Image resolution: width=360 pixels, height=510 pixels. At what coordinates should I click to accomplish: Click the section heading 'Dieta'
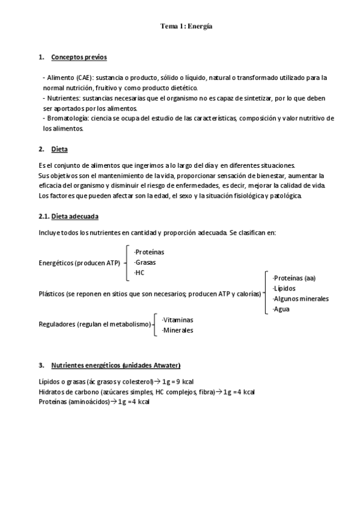click(x=59, y=149)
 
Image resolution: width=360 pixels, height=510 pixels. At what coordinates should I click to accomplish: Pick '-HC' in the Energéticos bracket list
click(x=141, y=272)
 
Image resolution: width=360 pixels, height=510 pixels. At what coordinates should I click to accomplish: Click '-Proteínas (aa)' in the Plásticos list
click(x=294, y=278)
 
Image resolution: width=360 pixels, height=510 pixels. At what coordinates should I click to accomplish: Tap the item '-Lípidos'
click(x=284, y=288)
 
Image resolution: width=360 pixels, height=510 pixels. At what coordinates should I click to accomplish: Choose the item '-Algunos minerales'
click(x=301, y=298)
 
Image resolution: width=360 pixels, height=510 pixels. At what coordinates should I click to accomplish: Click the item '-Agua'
click(x=281, y=309)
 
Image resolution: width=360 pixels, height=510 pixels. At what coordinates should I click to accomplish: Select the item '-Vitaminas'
click(x=178, y=320)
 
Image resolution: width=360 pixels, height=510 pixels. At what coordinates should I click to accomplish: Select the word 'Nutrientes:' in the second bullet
click(x=63, y=97)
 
